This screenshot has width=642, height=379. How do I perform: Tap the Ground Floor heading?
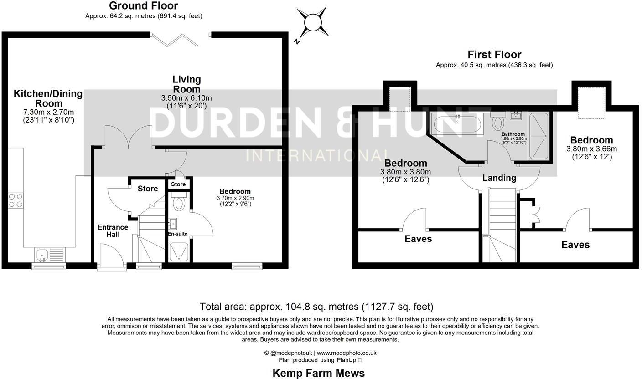[144, 6]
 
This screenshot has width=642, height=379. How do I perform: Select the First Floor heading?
[494, 55]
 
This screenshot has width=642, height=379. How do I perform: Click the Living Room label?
[186, 84]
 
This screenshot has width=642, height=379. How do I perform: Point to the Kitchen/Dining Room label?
[48, 98]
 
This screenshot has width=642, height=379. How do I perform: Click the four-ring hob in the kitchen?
[16, 200]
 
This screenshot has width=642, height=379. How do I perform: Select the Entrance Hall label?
[113, 230]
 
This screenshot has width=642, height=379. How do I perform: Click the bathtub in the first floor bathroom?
[457, 124]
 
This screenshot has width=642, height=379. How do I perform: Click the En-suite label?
[177, 234]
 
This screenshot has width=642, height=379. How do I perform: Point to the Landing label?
[499, 178]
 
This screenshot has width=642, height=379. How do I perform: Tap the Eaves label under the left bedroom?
[418, 239]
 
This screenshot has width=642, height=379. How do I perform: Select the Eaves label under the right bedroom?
[575, 245]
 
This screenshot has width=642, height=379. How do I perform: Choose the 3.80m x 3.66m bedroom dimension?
[591, 149]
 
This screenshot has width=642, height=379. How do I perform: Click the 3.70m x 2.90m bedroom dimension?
[235, 198]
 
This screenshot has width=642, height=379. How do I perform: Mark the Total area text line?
[316, 307]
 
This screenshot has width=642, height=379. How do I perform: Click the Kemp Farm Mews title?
[318, 373]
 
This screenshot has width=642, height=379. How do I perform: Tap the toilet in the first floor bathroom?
[497, 122]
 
